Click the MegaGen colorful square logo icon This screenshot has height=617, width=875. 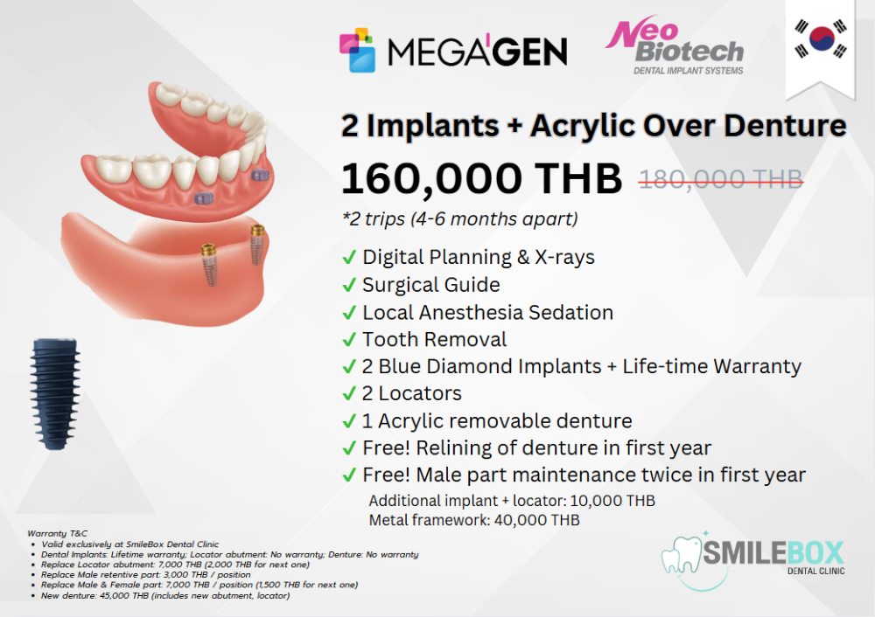click(x=357, y=50)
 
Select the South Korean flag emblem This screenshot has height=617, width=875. click(x=821, y=38)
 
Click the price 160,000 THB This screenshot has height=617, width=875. click(x=481, y=179)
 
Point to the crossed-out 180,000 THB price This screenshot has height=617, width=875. click(x=721, y=179)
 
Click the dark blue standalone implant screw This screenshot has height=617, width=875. click(x=54, y=393)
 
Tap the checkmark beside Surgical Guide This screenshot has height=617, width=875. click(x=349, y=285)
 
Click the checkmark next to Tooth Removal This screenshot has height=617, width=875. click(x=349, y=339)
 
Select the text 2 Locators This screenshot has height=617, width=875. click(x=412, y=393)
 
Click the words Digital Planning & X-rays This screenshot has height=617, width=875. click(x=479, y=257)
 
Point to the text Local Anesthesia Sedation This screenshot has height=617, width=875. click(x=487, y=312)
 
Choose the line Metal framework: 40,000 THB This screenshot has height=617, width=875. click(x=474, y=520)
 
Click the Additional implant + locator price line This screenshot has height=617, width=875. click(x=512, y=501)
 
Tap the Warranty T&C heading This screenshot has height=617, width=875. click(x=58, y=533)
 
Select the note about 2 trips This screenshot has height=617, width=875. click(x=460, y=219)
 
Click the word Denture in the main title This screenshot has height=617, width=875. click(x=785, y=125)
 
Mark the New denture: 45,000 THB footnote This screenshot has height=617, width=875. click(x=165, y=596)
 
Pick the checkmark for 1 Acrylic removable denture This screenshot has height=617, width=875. click(x=349, y=421)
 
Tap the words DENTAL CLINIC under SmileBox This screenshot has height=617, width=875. click(x=815, y=571)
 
